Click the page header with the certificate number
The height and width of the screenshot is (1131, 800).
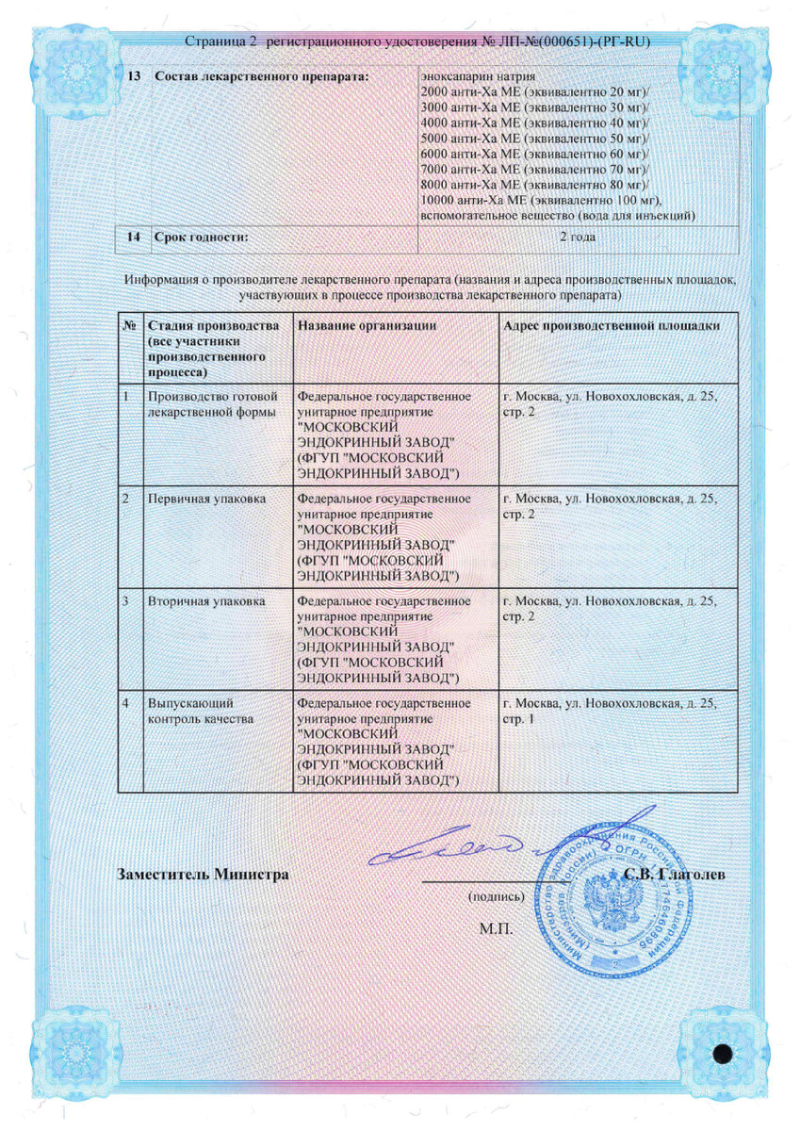coord(418,43)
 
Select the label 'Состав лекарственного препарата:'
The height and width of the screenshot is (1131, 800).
coord(259,75)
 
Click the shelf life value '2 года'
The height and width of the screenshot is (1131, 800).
coord(577,237)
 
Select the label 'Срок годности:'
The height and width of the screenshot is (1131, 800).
coord(202,237)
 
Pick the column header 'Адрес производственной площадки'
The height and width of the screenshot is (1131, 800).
coord(612,326)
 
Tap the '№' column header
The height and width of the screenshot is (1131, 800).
coord(129,326)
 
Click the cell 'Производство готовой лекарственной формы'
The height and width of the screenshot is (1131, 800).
coord(209,403)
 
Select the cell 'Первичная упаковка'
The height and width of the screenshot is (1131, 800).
coord(194,498)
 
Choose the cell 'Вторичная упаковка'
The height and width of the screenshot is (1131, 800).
coord(193,600)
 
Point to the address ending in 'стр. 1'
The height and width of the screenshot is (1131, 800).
coord(611,711)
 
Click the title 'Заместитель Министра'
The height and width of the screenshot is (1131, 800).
coord(203,874)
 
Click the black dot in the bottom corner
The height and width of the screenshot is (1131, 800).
coord(724,1055)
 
